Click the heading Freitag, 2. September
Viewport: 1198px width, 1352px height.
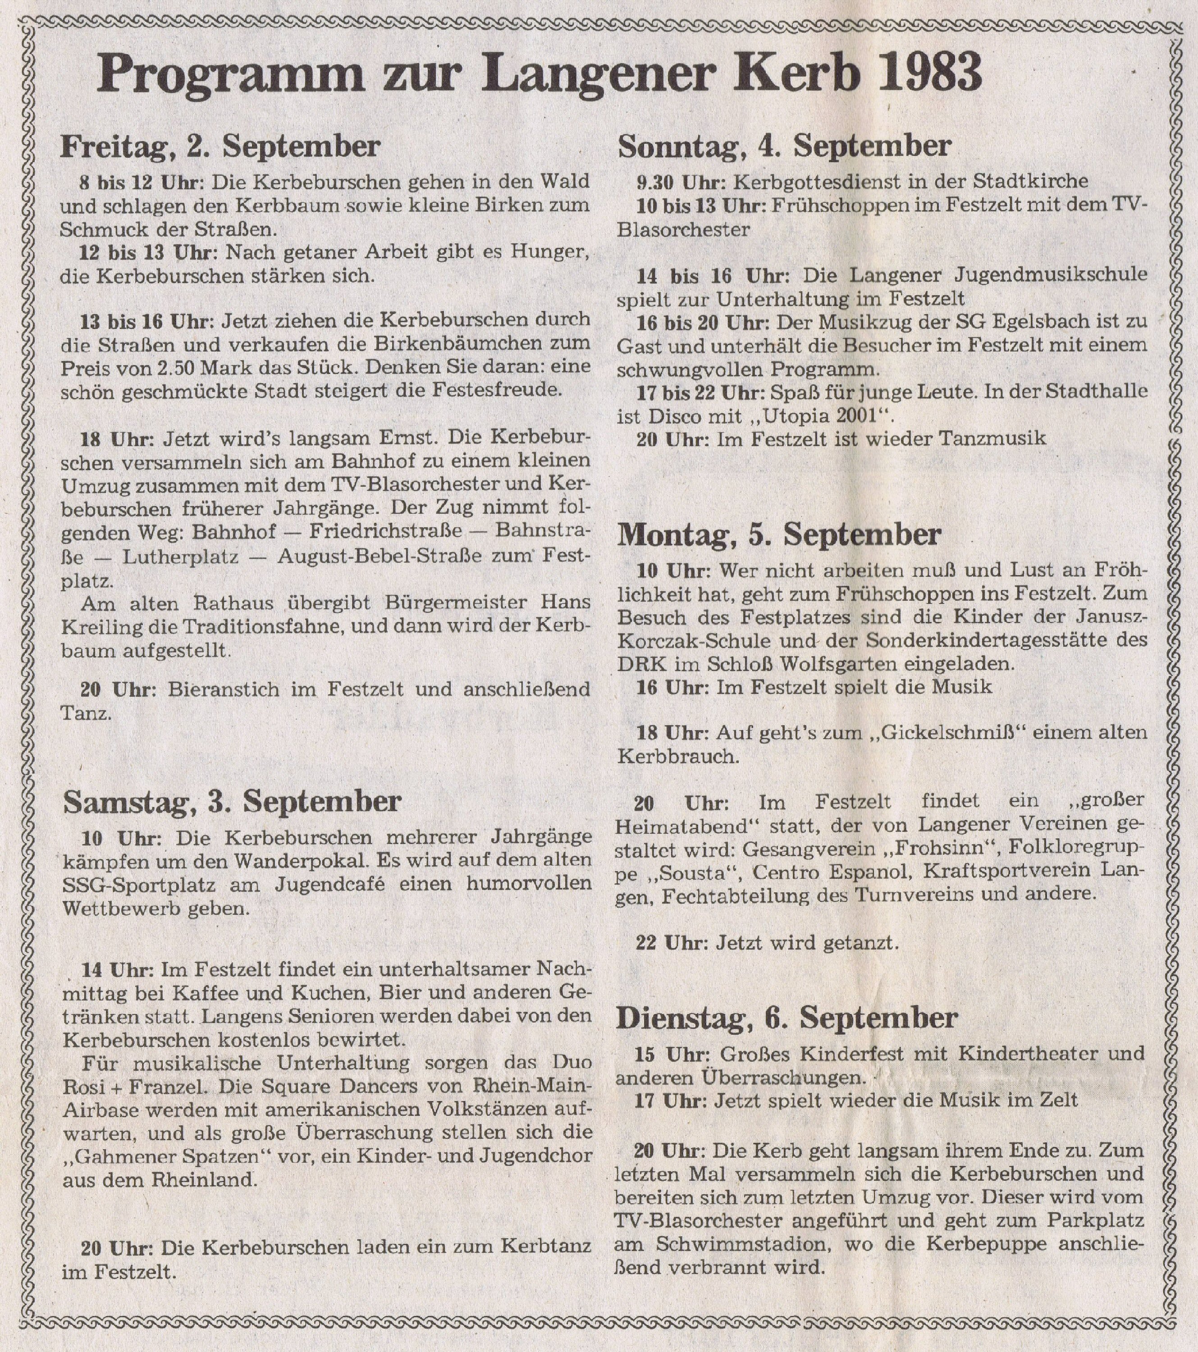pos(220,147)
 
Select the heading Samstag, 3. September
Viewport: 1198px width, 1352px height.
pos(232,802)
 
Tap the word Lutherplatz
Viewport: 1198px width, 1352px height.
pos(181,557)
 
